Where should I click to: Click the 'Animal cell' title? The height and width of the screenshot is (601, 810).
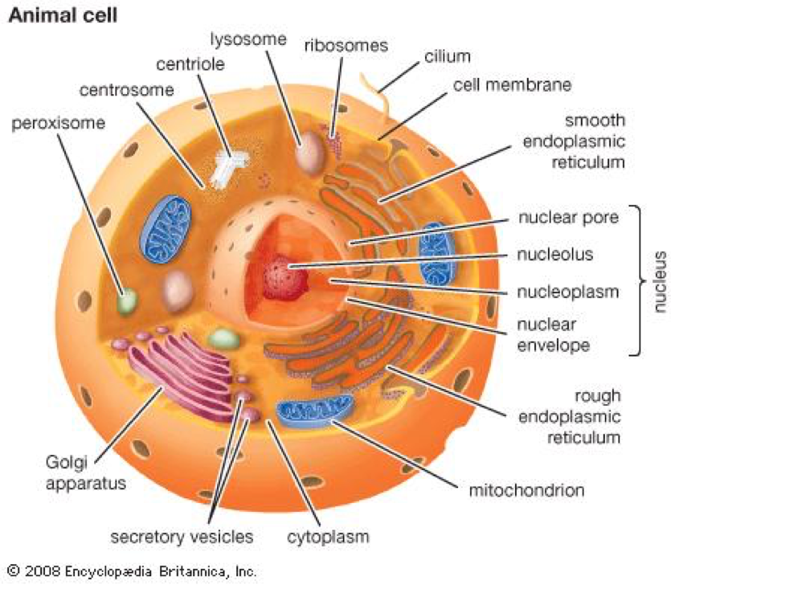tap(63, 16)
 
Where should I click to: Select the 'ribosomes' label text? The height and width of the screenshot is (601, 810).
tap(346, 45)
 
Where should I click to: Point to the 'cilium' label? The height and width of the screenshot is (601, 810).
tap(447, 57)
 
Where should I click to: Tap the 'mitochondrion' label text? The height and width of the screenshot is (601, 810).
tap(526, 489)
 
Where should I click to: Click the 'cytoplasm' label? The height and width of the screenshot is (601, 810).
tap(328, 537)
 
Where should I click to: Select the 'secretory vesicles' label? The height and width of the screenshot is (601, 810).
tap(182, 537)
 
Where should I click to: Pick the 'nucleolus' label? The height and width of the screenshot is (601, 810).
tap(555, 255)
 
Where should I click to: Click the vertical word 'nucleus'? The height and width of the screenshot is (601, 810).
tap(660, 281)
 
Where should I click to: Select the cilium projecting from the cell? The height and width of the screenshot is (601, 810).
tap(372, 88)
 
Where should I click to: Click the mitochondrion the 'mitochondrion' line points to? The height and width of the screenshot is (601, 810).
tap(315, 409)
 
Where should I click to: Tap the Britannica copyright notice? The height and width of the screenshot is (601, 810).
tap(132, 571)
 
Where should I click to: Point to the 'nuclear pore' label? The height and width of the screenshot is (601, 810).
tap(568, 218)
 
